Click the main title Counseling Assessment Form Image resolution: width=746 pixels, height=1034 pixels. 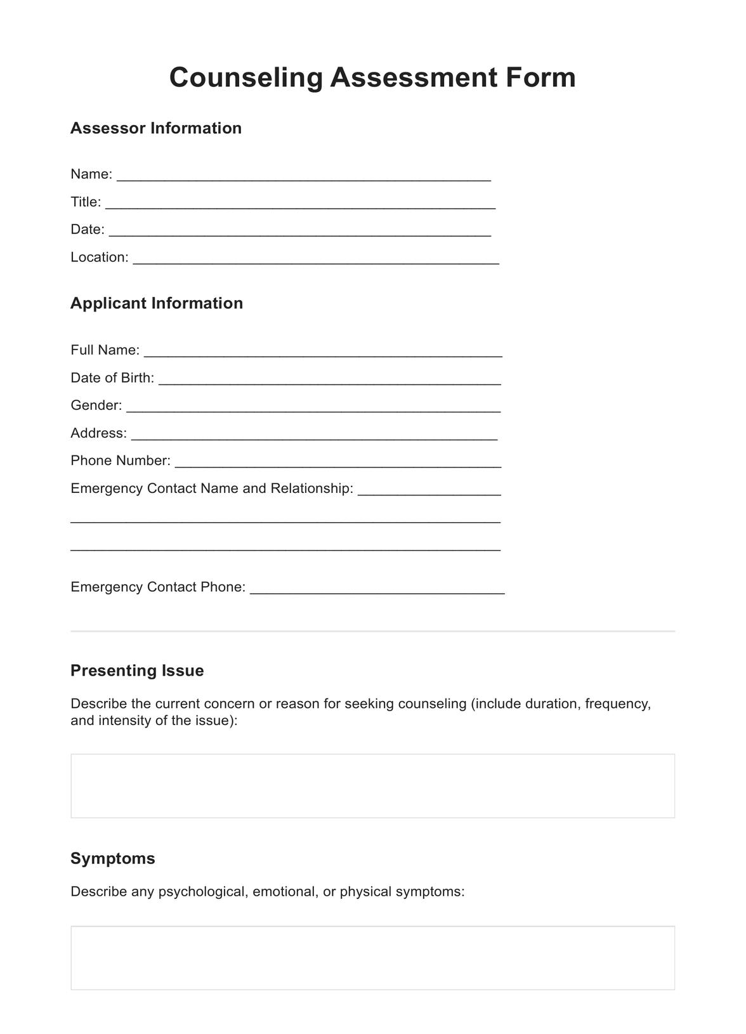point(372,77)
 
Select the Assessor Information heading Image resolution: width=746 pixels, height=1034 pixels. point(155,128)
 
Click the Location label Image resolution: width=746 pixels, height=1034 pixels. point(99,257)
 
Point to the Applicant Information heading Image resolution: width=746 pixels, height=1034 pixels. point(156,303)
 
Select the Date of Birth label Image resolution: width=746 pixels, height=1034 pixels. point(112,378)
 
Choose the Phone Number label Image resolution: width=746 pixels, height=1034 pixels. point(120,461)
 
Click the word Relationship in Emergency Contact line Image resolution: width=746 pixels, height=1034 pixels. point(311,488)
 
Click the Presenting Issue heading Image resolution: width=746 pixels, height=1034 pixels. point(137,671)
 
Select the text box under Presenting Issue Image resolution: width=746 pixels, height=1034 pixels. point(372,786)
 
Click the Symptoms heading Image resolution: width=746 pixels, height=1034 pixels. point(112,858)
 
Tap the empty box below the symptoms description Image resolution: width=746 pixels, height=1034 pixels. point(372,958)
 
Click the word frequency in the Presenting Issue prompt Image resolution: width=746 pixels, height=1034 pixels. point(618,704)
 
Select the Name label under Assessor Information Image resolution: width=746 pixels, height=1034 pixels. point(91,174)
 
